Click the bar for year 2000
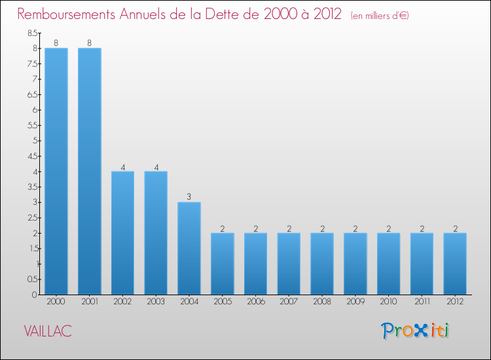[56, 171]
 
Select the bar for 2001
[89, 171]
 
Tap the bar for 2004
[189, 248]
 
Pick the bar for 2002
[122, 233]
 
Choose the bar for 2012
[454, 264]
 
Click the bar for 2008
[321, 264]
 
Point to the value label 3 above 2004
[189, 197]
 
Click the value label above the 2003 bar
[156, 166]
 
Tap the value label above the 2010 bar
[388, 228]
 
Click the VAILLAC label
[48, 331]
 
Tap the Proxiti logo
[415, 331]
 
